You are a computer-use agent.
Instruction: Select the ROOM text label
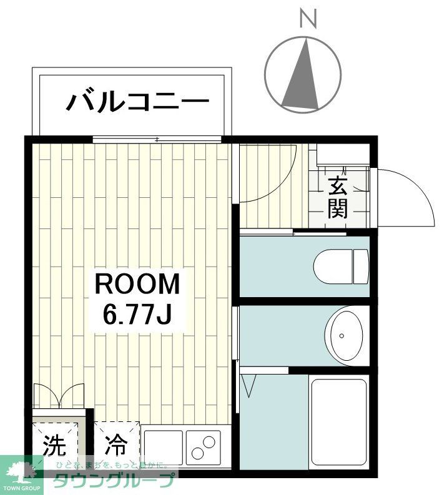pyautogui.click(x=137, y=285)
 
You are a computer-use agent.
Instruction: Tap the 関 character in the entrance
pyautogui.click(x=338, y=209)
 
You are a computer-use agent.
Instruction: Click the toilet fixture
pyautogui.click(x=341, y=266)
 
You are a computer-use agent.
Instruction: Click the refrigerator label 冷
pyautogui.click(x=115, y=446)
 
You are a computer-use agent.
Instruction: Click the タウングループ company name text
pyautogui.click(x=113, y=481)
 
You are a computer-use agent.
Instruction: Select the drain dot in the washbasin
pyautogui.click(x=342, y=336)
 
